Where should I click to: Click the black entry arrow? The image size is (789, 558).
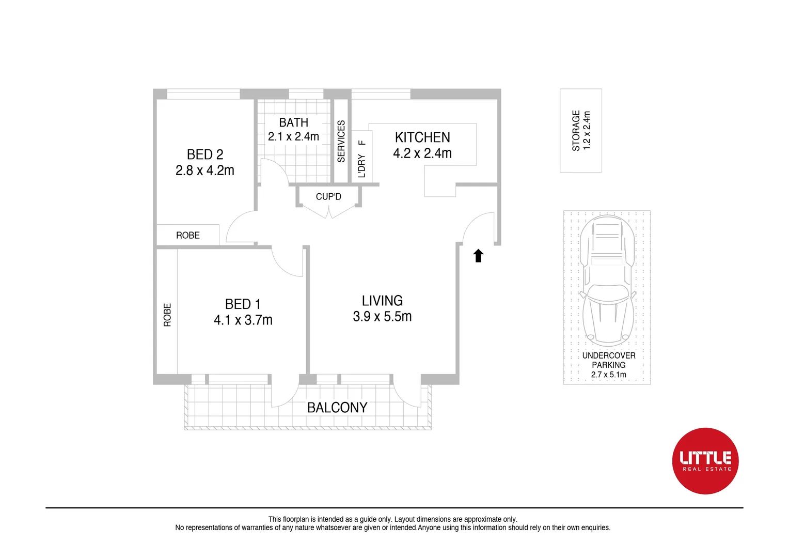click(478, 256)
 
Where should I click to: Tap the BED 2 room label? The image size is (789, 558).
click(205, 154)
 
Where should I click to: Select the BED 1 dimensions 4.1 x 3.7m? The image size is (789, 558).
click(243, 320)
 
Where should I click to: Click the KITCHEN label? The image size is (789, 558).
click(422, 137)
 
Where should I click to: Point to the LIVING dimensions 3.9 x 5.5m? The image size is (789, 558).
click(382, 317)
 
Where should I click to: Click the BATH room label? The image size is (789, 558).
click(293, 122)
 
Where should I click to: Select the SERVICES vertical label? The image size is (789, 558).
click(341, 142)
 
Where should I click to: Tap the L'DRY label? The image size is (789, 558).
click(361, 165)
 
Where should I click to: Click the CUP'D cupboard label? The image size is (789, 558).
click(328, 197)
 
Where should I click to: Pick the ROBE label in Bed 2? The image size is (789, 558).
click(188, 236)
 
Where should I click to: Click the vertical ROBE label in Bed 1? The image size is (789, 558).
click(167, 315)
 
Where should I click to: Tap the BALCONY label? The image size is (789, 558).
click(337, 408)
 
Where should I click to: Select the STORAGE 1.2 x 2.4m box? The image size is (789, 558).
click(581, 130)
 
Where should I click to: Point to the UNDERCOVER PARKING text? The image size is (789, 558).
click(609, 360)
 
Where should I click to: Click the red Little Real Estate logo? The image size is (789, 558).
click(705, 461)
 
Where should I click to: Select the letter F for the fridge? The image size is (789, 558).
click(362, 143)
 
